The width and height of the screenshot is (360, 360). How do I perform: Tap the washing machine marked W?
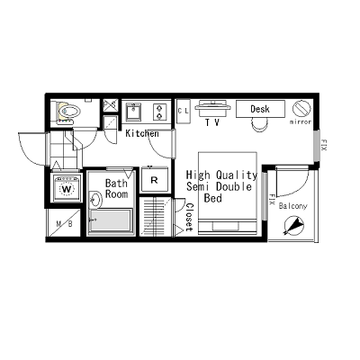coord(67,190)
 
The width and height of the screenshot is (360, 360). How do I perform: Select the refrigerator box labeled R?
coord(155,179)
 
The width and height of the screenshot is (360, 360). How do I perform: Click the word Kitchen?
coord(141,134)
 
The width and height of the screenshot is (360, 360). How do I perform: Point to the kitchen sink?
coord(133,112)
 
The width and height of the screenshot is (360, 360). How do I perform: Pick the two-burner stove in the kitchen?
coord(159,112)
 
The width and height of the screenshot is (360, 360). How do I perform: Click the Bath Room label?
coord(117,187)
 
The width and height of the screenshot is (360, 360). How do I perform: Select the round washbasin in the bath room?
coord(94,199)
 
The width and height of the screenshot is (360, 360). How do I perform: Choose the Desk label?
coord(260,109)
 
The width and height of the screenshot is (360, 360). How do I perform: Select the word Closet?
coord(189,216)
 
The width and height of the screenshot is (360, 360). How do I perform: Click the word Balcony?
coord(292,206)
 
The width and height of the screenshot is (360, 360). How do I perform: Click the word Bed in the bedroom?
coord(212,197)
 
